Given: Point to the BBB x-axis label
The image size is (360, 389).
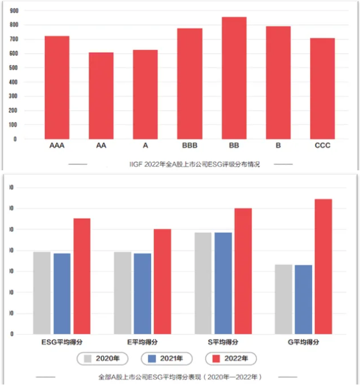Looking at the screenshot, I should (190, 146).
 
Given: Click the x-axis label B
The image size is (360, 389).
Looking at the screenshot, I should (278, 146).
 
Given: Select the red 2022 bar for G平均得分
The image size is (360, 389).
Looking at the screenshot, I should (323, 266).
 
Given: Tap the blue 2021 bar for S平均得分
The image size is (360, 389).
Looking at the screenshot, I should (223, 283).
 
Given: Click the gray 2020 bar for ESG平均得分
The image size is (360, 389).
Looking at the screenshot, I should (42, 293).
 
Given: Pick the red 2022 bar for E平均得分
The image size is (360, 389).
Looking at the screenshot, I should (163, 282).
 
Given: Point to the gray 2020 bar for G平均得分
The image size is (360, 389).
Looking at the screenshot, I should (283, 299).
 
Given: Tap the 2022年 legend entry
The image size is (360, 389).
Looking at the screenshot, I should (231, 359).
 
